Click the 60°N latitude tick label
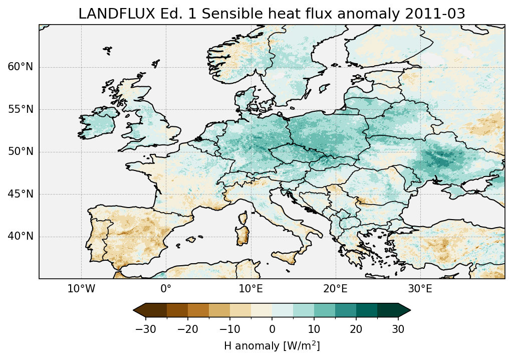click(x=21, y=67)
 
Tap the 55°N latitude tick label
click(x=21, y=109)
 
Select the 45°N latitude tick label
click(x=21, y=194)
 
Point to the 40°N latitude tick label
click(x=21, y=236)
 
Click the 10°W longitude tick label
click(x=81, y=289)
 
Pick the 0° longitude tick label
click(x=166, y=289)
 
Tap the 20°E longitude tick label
click(x=335, y=289)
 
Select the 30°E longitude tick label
click(x=420, y=289)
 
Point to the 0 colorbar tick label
click(x=272, y=329)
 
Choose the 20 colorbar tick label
click(x=356, y=329)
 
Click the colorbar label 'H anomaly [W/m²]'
click(x=272, y=345)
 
